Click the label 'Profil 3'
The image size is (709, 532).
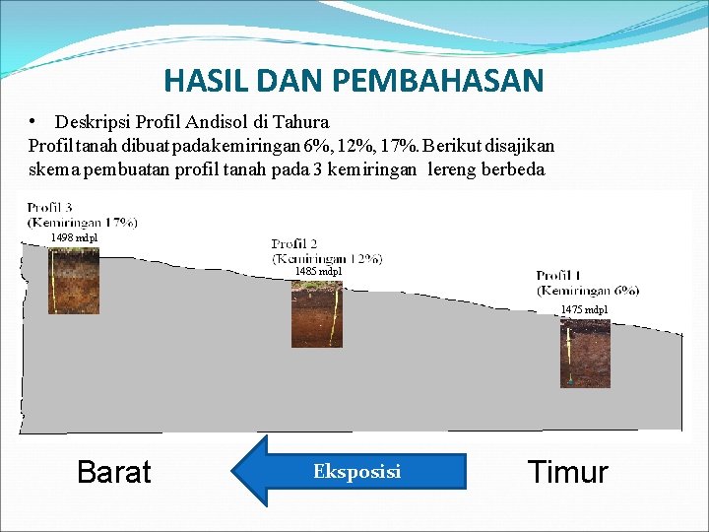(x=49, y=208)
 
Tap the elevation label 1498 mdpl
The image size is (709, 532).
(x=75, y=237)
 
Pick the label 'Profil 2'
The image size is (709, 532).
(x=294, y=243)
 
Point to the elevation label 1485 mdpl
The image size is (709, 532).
(x=318, y=271)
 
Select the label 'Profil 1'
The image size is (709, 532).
(x=560, y=276)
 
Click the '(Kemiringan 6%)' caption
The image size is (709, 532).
(x=588, y=290)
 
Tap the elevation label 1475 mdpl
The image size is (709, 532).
(x=584, y=309)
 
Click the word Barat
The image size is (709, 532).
(x=114, y=472)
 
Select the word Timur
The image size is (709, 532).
(x=568, y=472)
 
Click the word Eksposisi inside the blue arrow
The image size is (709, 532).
(x=356, y=472)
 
